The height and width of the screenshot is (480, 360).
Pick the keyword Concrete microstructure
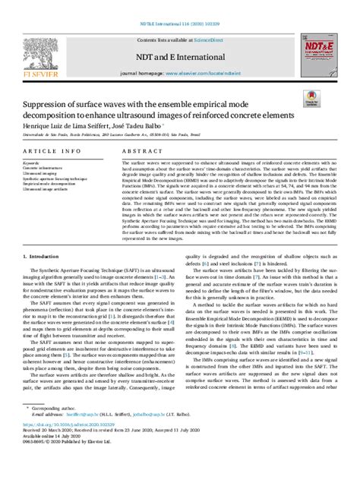43,169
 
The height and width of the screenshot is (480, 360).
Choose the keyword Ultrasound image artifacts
46,188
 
